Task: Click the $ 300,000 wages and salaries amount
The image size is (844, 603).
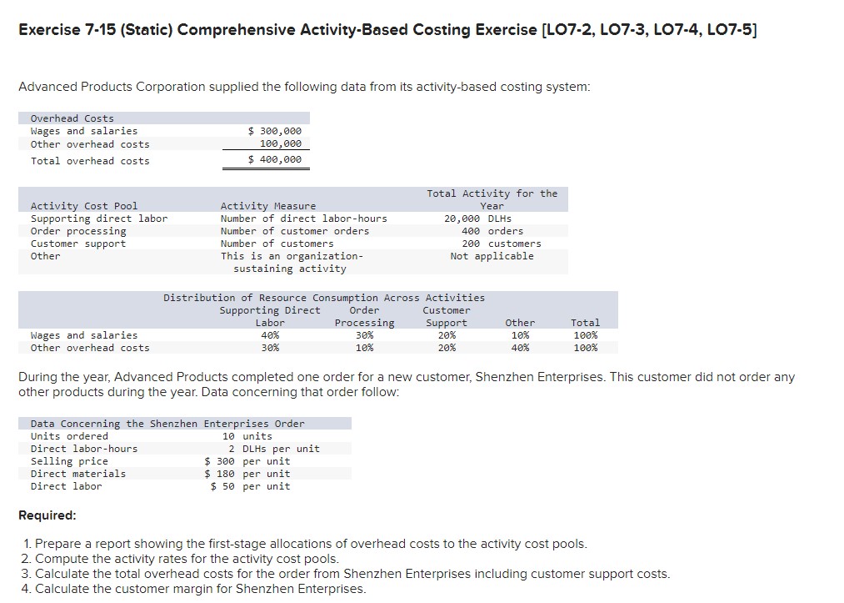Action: (276, 131)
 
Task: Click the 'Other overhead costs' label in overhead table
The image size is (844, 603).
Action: (90, 143)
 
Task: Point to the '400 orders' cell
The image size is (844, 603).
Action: (492, 231)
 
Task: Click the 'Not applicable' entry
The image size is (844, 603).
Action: (492, 256)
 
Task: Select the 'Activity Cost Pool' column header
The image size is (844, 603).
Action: (84, 206)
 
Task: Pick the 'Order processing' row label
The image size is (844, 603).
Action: (78, 231)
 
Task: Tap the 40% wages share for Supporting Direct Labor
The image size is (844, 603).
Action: (270, 335)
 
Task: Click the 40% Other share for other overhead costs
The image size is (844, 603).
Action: (520, 348)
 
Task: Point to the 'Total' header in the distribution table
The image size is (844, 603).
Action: (585, 323)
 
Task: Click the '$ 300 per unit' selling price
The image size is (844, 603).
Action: (247, 461)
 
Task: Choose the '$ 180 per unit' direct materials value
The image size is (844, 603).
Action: (247, 474)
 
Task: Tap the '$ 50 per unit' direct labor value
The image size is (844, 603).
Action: (251, 486)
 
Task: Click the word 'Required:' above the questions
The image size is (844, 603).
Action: (47, 515)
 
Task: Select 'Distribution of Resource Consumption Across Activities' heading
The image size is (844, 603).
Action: (324, 298)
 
